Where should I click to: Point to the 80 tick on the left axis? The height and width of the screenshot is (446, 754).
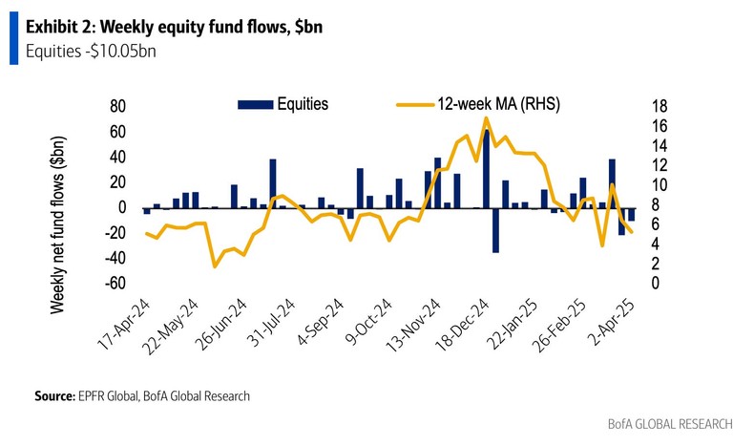tap(117, 105)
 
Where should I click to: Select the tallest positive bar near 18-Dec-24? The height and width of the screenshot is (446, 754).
tap(486, 168)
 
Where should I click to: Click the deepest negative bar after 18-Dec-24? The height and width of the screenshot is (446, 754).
tap(495, 229)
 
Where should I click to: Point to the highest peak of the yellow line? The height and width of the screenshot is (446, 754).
tap(486, 118)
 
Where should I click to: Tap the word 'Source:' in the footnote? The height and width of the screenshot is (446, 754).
tap(53, 394)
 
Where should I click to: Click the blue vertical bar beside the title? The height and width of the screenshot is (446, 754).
tap(13, 38)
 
